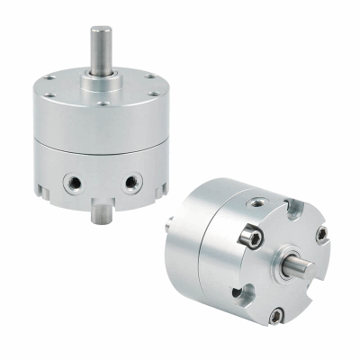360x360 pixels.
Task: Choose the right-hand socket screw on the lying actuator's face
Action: tap(322, 235)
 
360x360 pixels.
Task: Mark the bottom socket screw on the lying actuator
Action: tap(280, 314)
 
